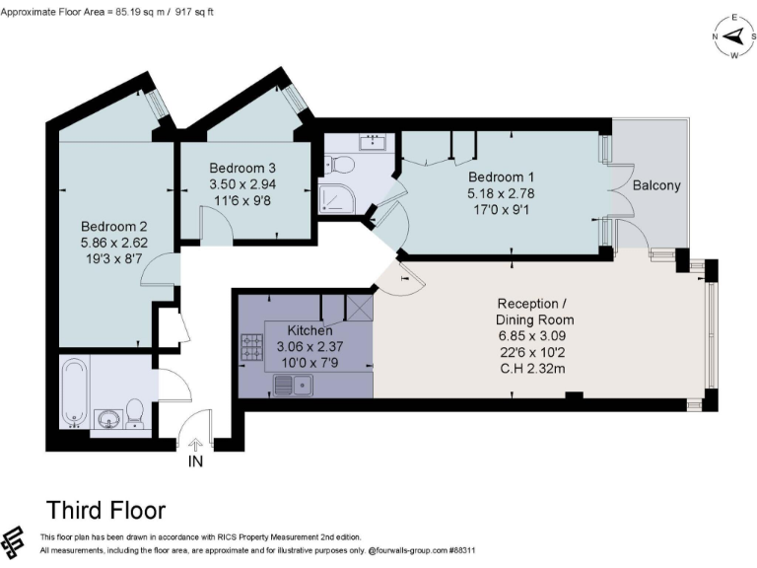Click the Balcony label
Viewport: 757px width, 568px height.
(656, 185)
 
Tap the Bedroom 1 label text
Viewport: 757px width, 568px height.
(501, 177)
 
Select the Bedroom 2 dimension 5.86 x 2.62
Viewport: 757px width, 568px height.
(114, 243)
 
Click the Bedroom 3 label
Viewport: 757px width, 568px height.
(242, 168)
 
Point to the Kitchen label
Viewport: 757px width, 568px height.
(310, 330)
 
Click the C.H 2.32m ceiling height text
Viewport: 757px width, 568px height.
(532, 369)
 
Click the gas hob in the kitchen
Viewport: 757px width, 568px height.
(252, 348)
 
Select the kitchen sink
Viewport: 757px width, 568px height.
(293, 385)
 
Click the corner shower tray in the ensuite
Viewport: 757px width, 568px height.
(337, 198)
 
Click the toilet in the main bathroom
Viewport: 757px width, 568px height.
(134, 414)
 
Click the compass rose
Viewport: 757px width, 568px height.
(734, 36)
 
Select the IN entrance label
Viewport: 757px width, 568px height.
(195, 461)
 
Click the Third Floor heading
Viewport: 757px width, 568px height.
(105, 510)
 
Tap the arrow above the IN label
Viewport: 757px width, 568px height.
(195, 445)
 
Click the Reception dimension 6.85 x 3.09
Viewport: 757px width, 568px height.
(532, 335)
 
